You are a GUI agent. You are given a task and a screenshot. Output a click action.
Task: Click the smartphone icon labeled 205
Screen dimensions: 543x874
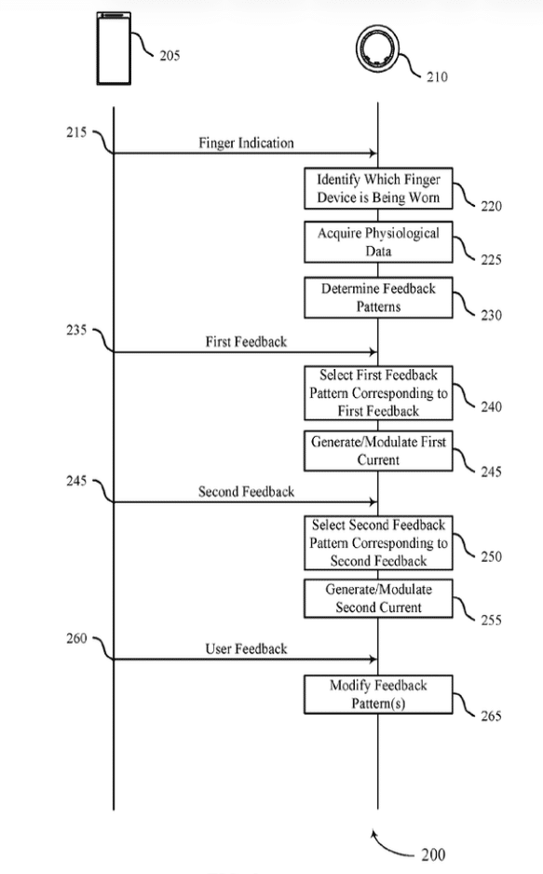click(114, 48)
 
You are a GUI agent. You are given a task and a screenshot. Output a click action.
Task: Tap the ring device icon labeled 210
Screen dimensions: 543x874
click(377, 48)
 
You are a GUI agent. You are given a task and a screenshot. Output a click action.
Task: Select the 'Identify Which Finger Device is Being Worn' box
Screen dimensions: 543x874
click(378, 188)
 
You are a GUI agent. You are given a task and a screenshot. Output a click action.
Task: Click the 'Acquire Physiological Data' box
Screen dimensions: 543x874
click(378, 242)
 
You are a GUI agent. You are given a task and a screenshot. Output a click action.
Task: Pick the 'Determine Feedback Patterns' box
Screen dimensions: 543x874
click(378, 297)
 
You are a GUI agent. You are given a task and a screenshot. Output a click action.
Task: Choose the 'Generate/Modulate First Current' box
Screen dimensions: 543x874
click(378, 451)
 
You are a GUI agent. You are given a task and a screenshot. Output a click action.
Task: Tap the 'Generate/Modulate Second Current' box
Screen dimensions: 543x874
click(378, 598)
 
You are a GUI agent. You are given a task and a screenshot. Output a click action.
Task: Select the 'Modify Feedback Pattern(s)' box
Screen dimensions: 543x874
click(378, 694)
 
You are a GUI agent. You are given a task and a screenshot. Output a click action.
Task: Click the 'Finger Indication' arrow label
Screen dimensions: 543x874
click(246, 143)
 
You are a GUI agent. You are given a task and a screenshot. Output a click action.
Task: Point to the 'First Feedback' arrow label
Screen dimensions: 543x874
click(246, 342)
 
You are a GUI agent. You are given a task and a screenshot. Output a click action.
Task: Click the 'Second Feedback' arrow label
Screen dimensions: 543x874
click(246, 492)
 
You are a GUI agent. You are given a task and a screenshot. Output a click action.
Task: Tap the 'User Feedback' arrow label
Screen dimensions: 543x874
click(246, 649)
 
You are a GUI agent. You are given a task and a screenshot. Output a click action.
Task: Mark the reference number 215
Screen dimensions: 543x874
click(76, 132)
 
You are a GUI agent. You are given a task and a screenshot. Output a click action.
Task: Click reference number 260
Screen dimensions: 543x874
click(76, 638)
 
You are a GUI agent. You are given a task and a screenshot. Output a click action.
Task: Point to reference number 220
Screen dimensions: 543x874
click(491, 206)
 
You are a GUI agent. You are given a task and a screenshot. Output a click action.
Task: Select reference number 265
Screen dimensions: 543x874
click(491, 716)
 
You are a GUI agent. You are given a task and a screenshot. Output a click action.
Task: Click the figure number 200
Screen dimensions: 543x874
click(433, 854)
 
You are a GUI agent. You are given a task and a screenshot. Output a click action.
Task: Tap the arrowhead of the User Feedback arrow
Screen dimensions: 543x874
click(373, 660)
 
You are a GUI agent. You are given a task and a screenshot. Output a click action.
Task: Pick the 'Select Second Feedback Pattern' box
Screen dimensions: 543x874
click(378, 543)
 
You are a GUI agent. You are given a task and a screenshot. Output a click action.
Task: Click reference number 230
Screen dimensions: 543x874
click(491, 316)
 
